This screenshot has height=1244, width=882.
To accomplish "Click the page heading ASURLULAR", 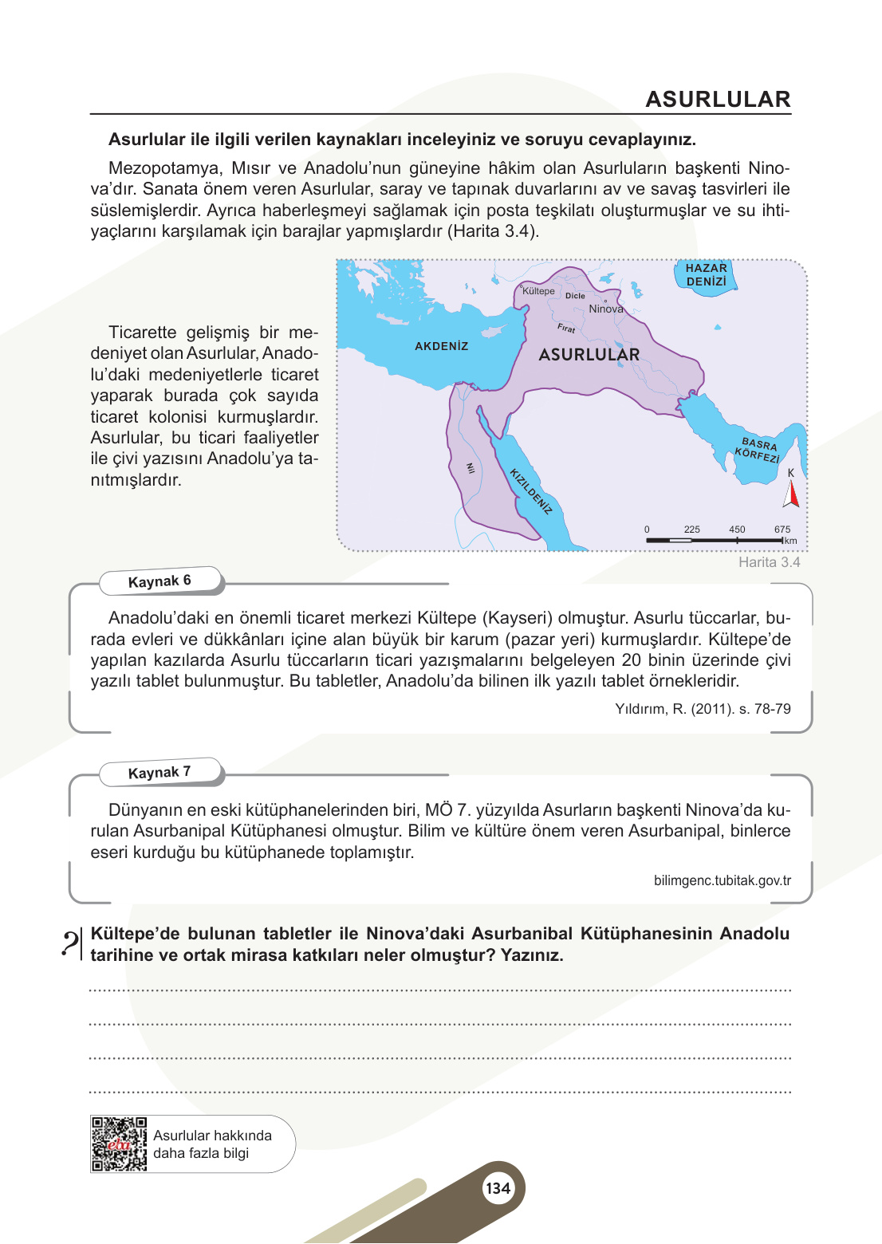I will click(x=717, y=100).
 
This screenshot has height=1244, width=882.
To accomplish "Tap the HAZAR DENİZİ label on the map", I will click(x=706, y=275).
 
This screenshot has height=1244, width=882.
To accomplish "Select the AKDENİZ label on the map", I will click(x=441, y=346).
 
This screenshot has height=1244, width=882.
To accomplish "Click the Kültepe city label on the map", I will click(x=538, y=291).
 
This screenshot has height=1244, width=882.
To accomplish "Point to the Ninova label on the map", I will click(x=606, y=309).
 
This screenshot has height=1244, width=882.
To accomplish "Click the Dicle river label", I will click(x=575, y=296).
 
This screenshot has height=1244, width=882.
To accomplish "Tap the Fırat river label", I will click(x=566, y=328).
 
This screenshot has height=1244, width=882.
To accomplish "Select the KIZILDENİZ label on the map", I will click(x=531, y=491).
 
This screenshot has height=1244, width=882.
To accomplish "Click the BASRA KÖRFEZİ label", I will click(x=758, y=451).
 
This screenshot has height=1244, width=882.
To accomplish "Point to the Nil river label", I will click(x=471, y=468).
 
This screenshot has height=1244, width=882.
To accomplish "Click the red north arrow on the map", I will click(x=791, y=494).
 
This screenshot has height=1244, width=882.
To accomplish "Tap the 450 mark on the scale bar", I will click(x=737, y=529).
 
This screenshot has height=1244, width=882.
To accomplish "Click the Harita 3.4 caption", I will click(x=769, y=562).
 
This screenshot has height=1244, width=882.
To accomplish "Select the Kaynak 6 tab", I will click(x=159, y=581).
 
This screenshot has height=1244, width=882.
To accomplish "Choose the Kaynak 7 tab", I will click(x=159, y=773).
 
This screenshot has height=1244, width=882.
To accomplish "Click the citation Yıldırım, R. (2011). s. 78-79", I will click(x=703, y=709).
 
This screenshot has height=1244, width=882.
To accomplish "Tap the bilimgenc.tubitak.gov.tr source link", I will click(x=722, y=880).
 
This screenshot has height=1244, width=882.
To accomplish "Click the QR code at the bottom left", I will click(x=119, y=1144).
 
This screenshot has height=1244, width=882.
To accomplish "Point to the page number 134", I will click(x=498, y=1188).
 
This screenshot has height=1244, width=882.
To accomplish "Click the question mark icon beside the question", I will click(x=70, y=943).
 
